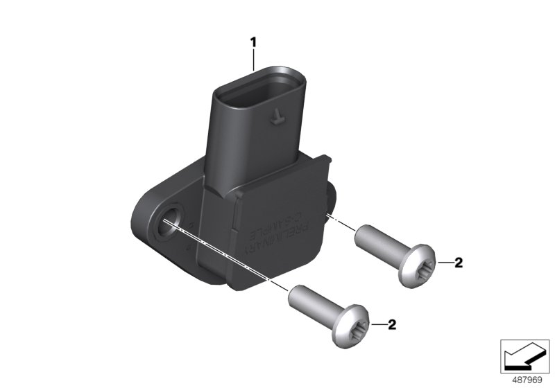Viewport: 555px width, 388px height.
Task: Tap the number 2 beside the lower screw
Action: (392, 324)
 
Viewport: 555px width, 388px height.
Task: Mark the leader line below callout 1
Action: (254, 59)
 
